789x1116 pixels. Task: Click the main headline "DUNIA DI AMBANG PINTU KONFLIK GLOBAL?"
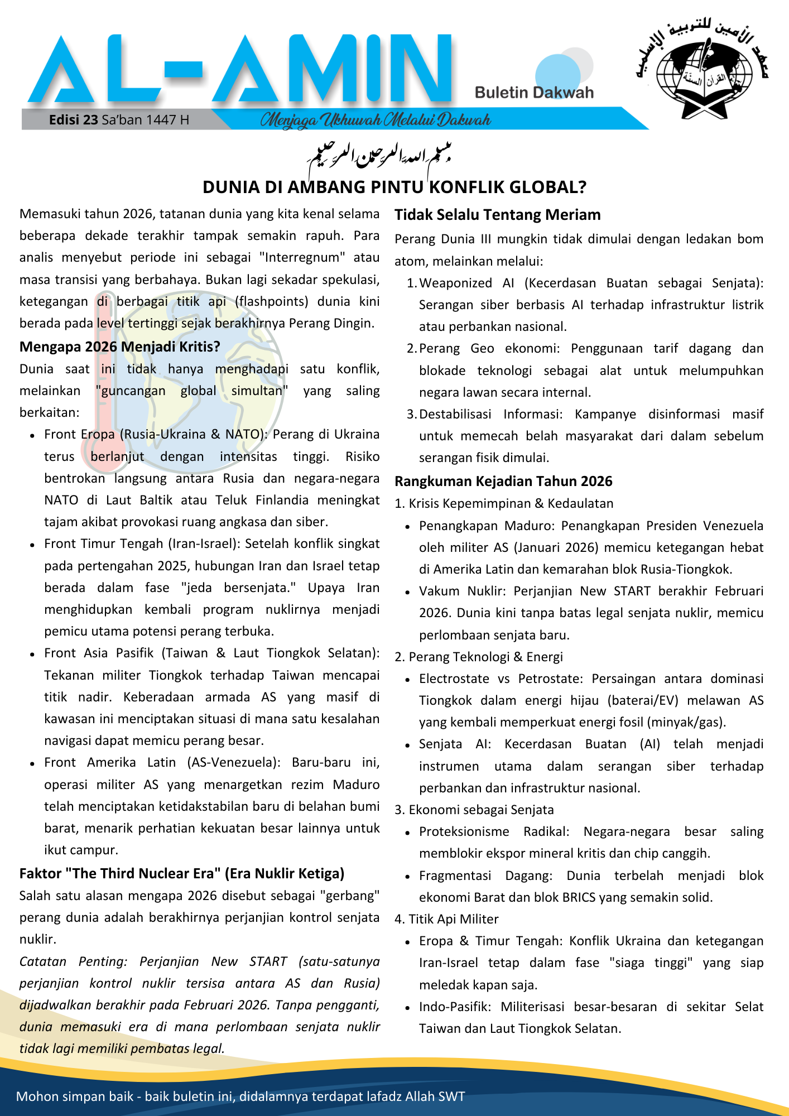pyautogui.click(x=394, y=187)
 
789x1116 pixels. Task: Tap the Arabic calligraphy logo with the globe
pyautogui.click(x=703, y=70)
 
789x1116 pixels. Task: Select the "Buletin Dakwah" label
pyautogui.click(x=534, y=93)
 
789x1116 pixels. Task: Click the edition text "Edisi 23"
pyautogui.click(x=73, y=120)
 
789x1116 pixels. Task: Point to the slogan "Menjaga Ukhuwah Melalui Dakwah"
pyautogui.click(x=375, y=120)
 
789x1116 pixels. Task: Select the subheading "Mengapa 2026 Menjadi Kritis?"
pyautogui.click(x=119, y=347)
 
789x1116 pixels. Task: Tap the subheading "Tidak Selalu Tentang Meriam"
pyautogui.click(x=497, y=215)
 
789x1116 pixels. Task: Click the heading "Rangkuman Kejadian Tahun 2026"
pyautogui.click(x=503, y=482)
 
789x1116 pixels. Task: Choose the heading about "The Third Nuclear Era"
pyautogui.click(x=181, y=874)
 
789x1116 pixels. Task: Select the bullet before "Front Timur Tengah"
pyautogui.click(x=33, y=545)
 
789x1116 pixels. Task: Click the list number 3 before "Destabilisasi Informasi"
pyautogui.click(x=411, y=414)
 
